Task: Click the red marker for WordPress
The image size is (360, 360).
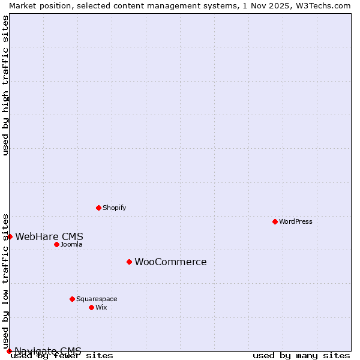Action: [275, 221]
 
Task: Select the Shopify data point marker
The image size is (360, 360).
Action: [98, 208]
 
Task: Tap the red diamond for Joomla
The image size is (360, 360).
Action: [56, 244]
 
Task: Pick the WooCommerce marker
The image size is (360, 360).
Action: [129, 262]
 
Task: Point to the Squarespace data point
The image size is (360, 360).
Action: [72, 299]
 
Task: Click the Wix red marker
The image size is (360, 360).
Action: [91, 307]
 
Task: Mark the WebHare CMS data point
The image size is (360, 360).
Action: [10, 236]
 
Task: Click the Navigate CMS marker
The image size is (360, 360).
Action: [9, 351]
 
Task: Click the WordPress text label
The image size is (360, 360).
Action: [296, 221]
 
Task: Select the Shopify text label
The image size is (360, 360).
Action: [114, 208]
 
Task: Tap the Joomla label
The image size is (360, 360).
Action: [71, 244]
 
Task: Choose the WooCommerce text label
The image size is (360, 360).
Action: [170, 262]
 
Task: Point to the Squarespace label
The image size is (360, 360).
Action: [97, 299]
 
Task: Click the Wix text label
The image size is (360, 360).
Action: [101, 307]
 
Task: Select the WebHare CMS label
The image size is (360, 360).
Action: [49, 236]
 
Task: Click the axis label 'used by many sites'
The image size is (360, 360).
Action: [301, 356]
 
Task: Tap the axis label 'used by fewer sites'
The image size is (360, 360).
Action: [62, 356]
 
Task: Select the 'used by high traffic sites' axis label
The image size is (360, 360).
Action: [5, 85]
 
